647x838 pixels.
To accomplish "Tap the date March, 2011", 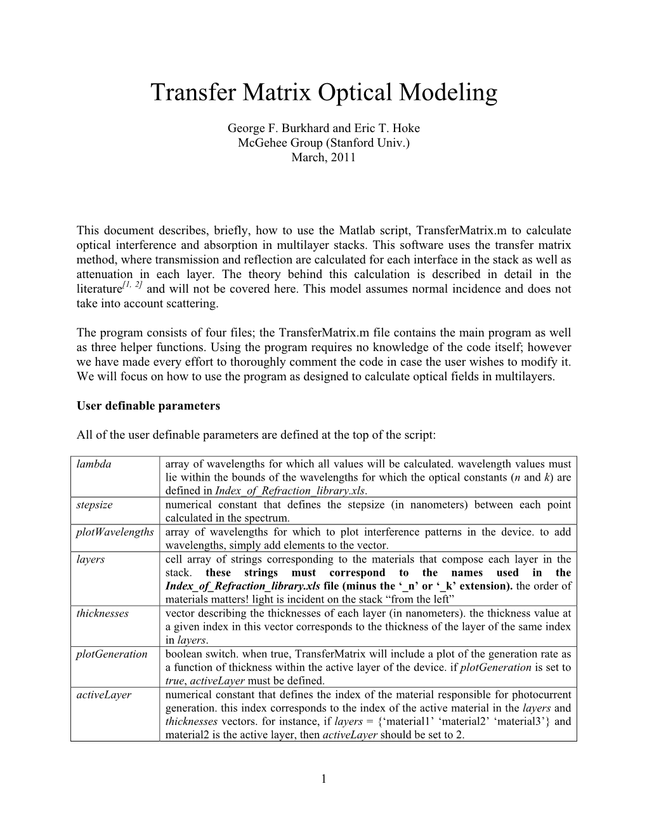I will pyautogui.click(x=323, y=157).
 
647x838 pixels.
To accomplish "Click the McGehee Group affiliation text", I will pyautogui.click(x=323, y=143).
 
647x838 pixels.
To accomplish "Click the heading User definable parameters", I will pyautogui.click(x=148, y=406).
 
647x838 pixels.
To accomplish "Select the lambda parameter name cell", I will pyautogui.click(x=94, y=464).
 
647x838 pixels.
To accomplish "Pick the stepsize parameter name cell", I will pyautogui.click(x=95, y=505).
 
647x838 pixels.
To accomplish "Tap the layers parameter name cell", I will pyautogui.click(x=91, y=559).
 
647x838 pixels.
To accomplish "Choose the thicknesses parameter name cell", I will pyautogui.click(x=102, y=613).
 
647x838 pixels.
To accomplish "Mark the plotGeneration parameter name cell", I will pyautogui.click(x=112, y=654).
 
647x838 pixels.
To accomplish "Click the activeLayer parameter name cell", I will pyautogui.click(x=103, y=695).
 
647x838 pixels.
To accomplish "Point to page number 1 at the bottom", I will pyautogui.click(x=323, y=779).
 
